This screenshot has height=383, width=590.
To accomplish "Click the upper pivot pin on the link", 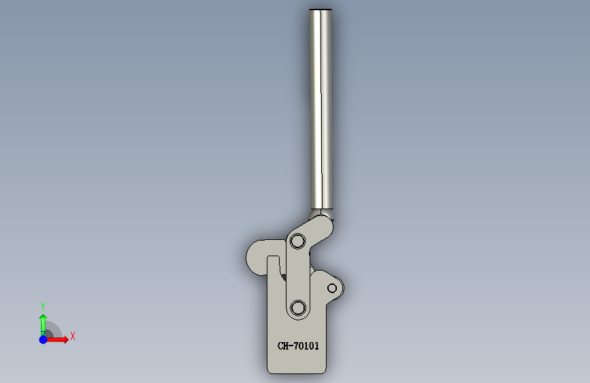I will [x=297, y=241].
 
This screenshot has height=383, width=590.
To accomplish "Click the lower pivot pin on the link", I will [x=297, y=308].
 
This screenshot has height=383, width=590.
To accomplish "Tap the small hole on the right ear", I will [x=333, y=288].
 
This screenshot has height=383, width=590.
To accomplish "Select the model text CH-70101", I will [x=298, y=346].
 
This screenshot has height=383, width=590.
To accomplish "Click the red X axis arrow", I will [x=57, y=339].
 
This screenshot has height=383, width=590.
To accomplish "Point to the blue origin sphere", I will [x=43, y=339].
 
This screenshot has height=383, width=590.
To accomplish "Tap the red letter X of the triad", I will [x=72, y=336].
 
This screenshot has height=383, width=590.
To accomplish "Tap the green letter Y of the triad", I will [x=43, y=306].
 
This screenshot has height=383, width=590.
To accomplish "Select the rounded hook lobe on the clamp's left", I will [x=257, y=258].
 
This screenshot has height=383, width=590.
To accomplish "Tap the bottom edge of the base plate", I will [x=297, y=373].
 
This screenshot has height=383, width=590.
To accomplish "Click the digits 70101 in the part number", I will [x=306, y=346].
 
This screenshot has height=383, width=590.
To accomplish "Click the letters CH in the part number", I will [x=284, y=346].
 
